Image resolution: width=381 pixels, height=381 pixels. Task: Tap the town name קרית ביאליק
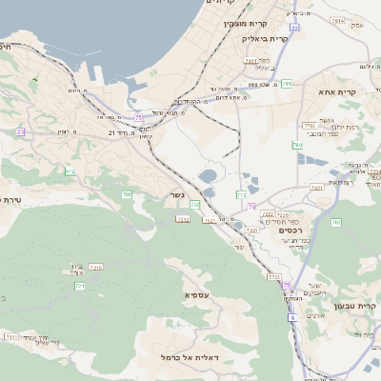click(265, 39)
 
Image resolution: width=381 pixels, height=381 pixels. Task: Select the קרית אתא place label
click(337, 92)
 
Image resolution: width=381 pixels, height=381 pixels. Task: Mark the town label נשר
click(178, 196)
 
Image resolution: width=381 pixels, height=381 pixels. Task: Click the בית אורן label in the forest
click(77, 269)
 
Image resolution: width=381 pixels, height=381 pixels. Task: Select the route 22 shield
click(295, 28)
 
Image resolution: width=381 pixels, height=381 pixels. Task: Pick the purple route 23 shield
click(20, 131)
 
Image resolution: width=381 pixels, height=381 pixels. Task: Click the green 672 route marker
click(70, 171)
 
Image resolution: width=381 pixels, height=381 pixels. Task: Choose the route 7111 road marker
click(11, 336)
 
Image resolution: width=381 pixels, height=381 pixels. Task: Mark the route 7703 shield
click(274, 277)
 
